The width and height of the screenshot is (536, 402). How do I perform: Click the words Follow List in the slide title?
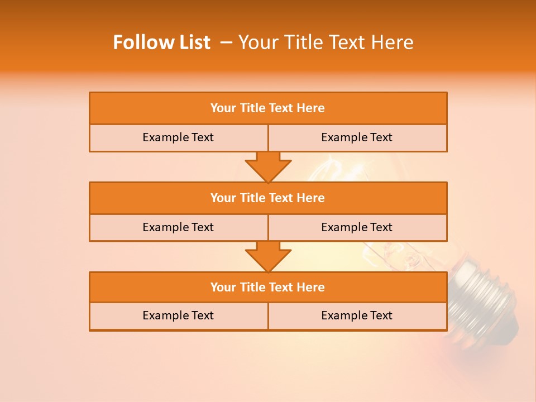click(x=162, y=42)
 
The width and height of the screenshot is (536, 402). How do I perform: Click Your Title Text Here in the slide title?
click(x=326, y=42)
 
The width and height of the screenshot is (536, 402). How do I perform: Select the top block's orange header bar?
click(x=268, y=108)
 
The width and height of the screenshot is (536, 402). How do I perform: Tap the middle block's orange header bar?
click(x=268, y=198)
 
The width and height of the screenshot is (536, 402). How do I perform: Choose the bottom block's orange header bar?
click(x=268, y=288)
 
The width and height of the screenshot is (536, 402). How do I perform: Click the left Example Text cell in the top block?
click(x=178, y=137)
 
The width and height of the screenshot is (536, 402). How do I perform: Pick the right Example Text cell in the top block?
click(x=357, y=137)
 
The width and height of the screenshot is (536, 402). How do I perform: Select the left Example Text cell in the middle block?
click(x=178, y=227)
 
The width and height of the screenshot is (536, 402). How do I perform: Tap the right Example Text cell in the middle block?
click(x=357, y=227)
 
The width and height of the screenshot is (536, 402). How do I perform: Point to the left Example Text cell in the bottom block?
click(x=178, y=315)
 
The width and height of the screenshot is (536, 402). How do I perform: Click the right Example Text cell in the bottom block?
click(x=357, y=315)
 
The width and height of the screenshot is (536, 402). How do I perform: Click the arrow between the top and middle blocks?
click(x=268, y=166)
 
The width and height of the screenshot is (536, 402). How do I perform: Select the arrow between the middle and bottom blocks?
click(x=268, y=256)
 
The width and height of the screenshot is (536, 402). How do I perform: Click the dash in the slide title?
click(x=226, y=42)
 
